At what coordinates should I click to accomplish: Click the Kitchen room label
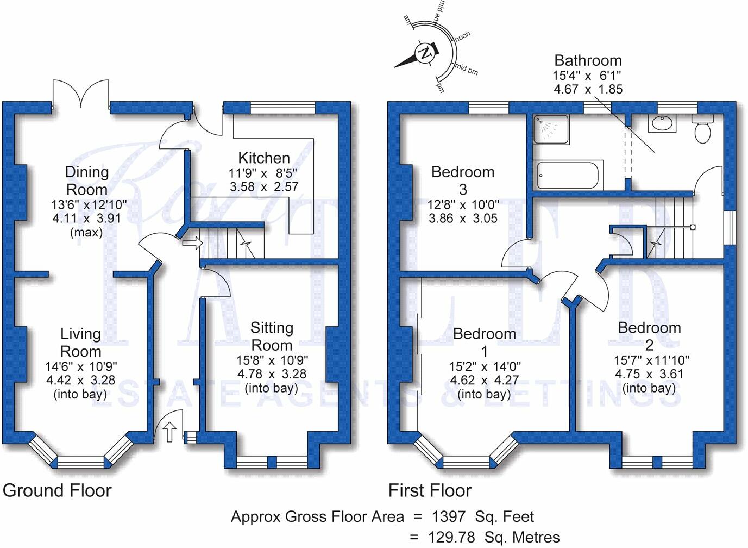[264, 158]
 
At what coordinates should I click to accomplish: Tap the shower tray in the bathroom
[551, 129]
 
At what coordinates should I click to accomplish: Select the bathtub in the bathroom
[568, 175]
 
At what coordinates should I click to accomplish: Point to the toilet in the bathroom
[702, 129]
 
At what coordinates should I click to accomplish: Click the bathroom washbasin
[662, 124]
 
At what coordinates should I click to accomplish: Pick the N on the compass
[425, 53]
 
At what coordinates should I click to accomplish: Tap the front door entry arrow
[169, 432]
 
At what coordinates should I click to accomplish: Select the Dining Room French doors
[81, 94]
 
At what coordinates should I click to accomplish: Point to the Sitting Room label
[272, 337]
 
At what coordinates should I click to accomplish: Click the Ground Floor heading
[57, 490]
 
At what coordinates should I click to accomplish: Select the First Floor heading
[430, 490]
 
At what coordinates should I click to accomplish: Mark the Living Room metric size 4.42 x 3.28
[80, 380]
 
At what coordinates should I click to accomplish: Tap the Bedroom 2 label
[649, 337]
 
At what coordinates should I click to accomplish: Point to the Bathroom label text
[588, 60]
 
